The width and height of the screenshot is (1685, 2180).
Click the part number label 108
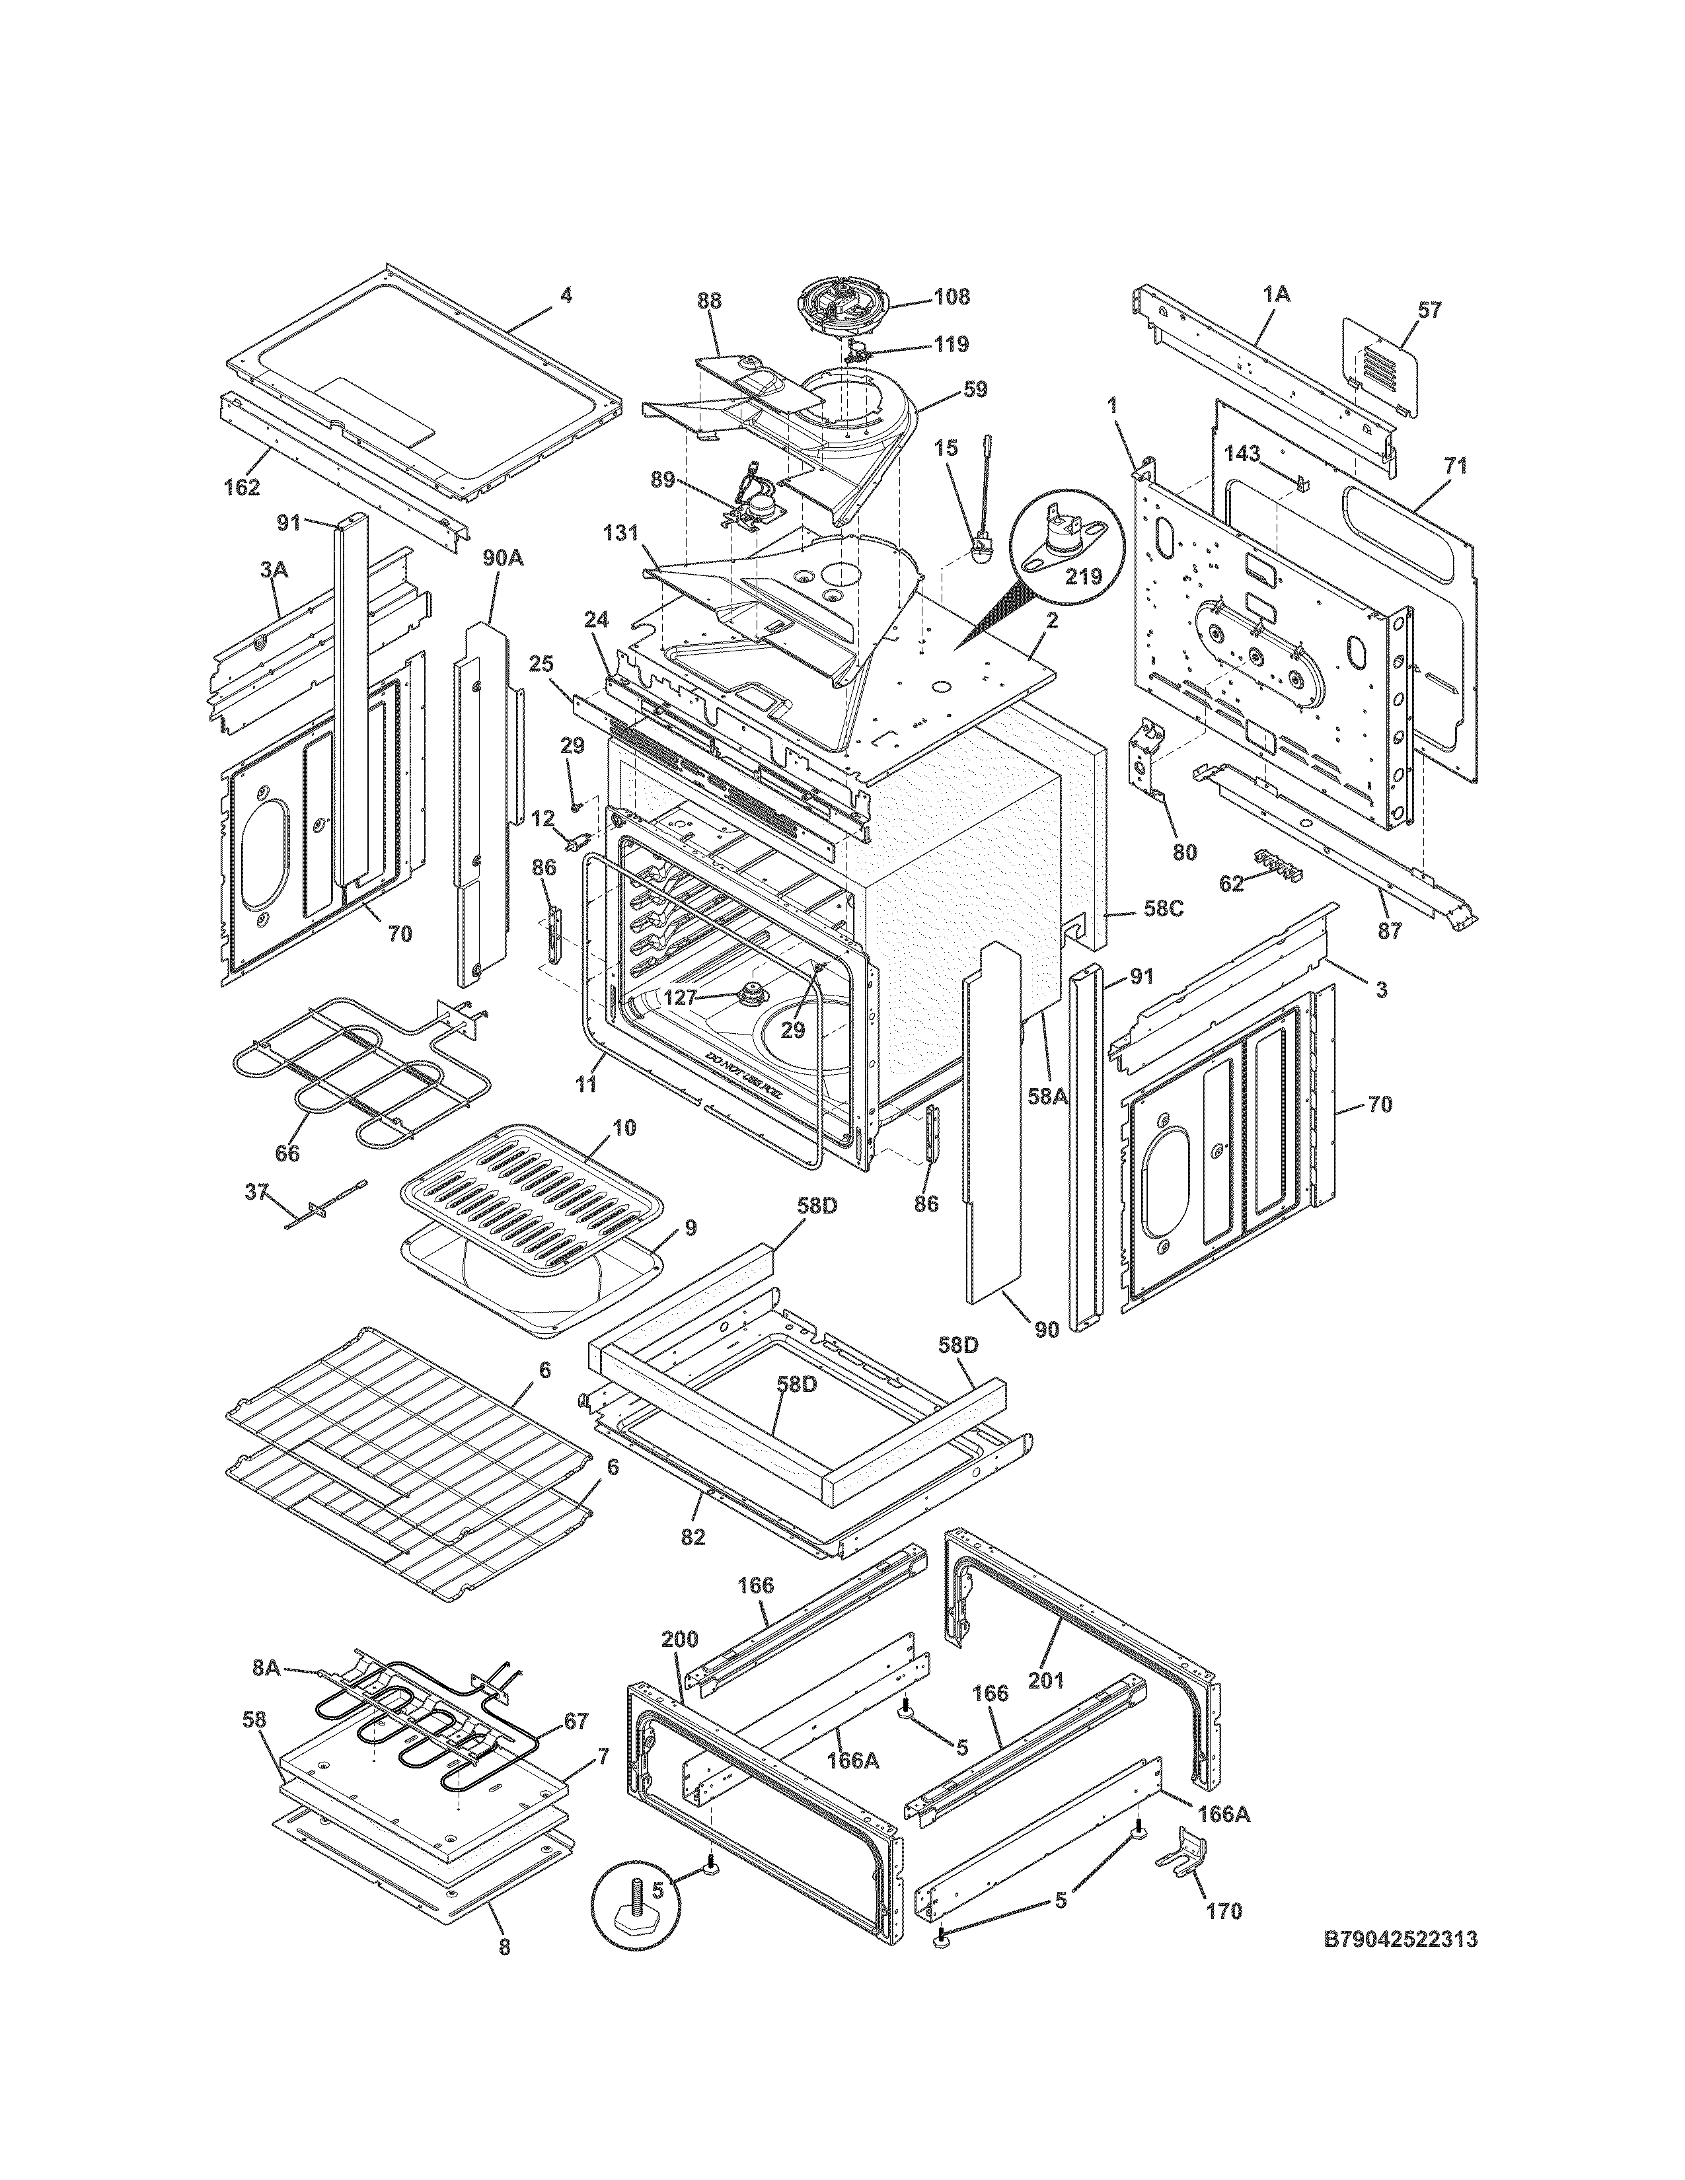tap(952, 297)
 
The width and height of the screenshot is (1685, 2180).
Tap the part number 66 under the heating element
tap(287, 1153)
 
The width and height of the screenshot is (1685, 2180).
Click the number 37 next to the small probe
tap(256, 1191)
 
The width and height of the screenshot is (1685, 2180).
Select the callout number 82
tap(693, 1537)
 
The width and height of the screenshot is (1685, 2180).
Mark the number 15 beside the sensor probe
tap(946, 450)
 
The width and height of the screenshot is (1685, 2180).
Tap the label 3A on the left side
tap(274, 570)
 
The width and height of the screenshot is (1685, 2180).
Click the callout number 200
tap(680, 1639)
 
